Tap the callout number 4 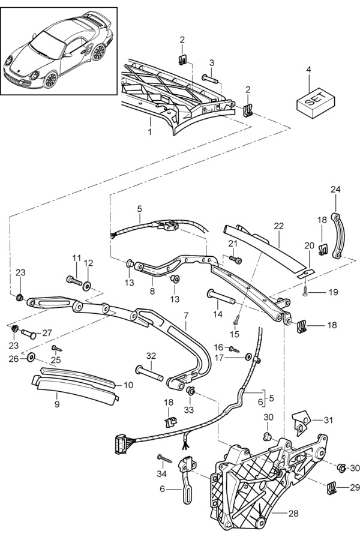pyautogui.click(x=308, y=70)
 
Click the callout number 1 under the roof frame pyautogui.click(x=150, y=129)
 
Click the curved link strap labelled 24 pyautogui.click(x=336, y=236)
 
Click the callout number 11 pyautogui.click(x=76, y=258)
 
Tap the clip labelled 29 pyautogui.click(x=332, y=488)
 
